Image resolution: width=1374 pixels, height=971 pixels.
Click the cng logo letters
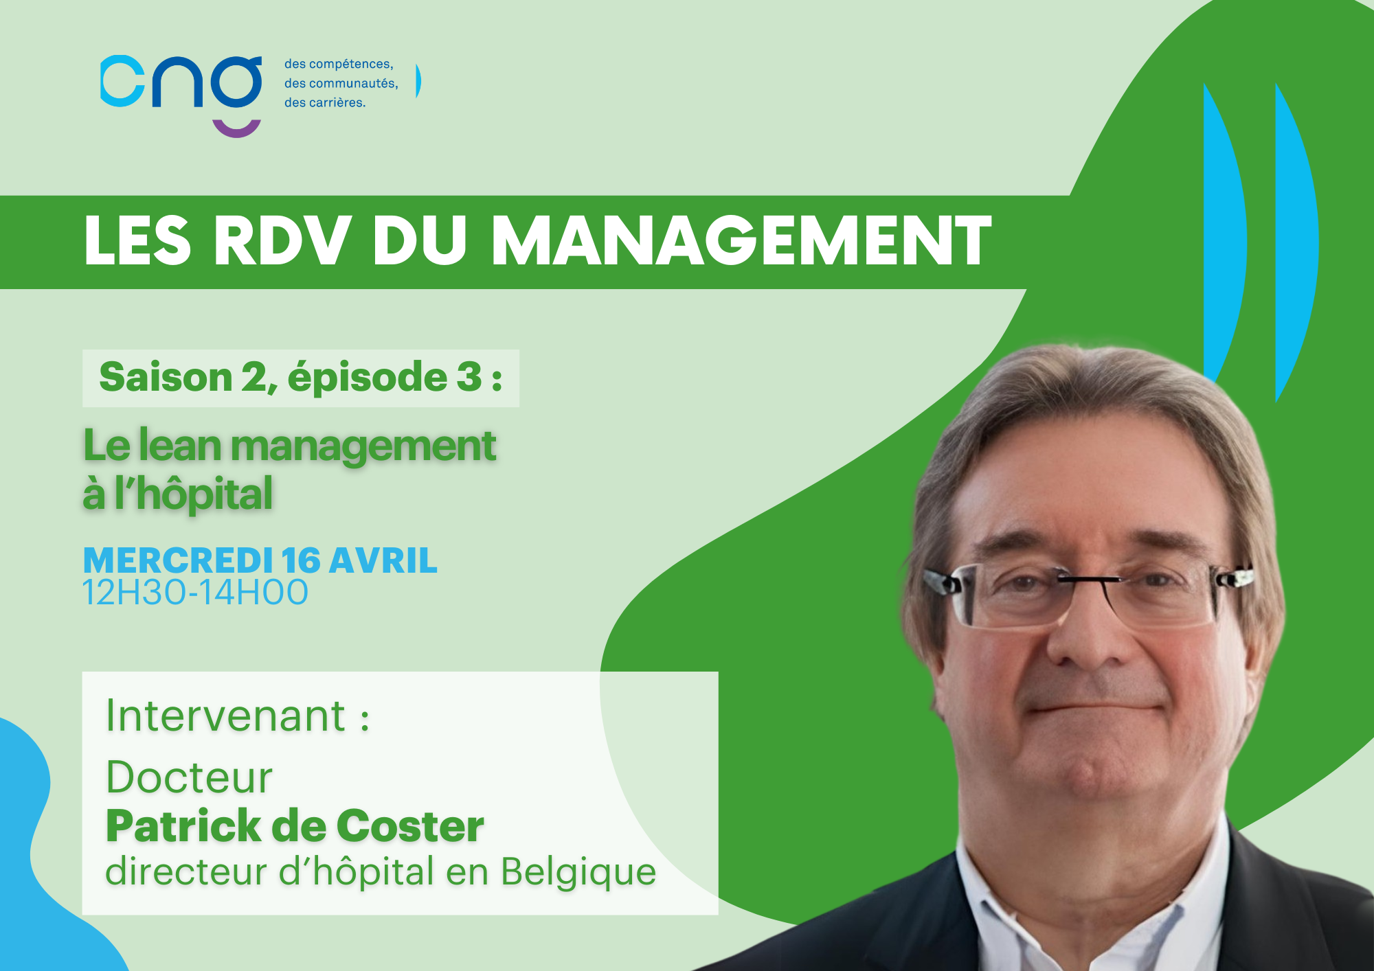point(181,82)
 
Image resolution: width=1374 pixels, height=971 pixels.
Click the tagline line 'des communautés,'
point(341,83)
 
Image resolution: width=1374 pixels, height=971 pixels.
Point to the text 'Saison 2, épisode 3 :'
point(301,378)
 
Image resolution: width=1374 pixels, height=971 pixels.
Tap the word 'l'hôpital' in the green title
point(194,493)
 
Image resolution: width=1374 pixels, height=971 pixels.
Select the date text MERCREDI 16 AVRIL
point(260,560)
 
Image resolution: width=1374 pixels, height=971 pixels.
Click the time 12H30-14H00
point(195,593)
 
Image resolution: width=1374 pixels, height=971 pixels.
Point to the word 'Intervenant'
point(225,716)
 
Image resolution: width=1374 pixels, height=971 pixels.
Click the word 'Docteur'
point(189,777)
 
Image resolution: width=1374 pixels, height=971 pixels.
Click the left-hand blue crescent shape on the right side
point(1226,233)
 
